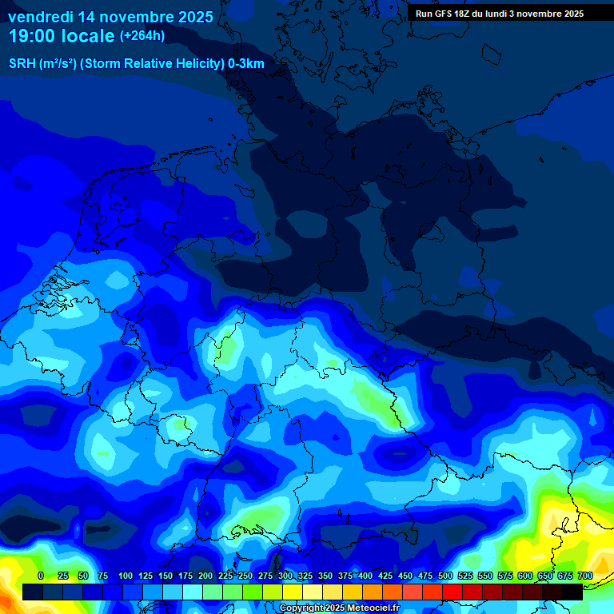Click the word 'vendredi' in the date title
coord(40,17)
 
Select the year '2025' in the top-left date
coord(193,17)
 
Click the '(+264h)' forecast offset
coord(143,36)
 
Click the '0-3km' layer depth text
coord(245,64)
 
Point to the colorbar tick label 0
coord(41,576)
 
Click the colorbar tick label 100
coord(126,576)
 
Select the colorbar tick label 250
coord(245,576)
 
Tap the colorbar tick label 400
coord(365,576)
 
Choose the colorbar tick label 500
coord(445,576)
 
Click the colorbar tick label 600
coord(525,576)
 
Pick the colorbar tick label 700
coord(584,576)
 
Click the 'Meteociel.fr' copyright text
coord(373,608)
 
